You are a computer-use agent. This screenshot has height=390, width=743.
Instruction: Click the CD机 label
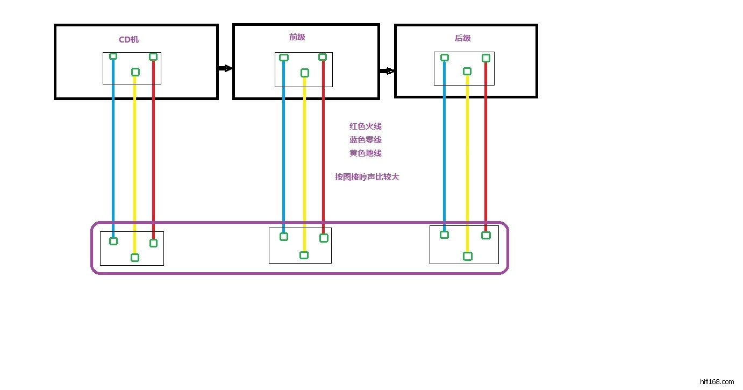[128, 40]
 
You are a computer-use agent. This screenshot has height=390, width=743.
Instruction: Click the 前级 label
[297, 37]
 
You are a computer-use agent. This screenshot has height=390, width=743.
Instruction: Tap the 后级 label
[462, 38]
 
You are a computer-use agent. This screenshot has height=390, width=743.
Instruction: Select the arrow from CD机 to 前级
[225, 68]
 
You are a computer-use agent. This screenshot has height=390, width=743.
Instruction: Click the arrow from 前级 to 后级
[387, 71]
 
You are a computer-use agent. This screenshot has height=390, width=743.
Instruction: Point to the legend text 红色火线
[366, 126]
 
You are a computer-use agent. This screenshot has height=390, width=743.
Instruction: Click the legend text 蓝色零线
[366, 140]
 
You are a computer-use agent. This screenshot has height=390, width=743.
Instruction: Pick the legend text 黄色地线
[366, 153]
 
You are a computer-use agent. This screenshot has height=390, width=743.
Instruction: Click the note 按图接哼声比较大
[367, 176]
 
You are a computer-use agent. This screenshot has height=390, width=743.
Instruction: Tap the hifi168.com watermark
[718, 381]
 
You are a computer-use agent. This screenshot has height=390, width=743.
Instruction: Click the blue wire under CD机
[113, 151]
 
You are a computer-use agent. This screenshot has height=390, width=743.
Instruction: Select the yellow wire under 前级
[304, 161]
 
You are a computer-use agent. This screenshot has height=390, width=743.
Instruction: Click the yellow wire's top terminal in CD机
[135, 72]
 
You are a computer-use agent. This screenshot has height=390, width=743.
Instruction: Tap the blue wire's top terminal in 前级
[284, 58]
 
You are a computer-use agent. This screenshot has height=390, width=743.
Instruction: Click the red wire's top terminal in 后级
[486, 58]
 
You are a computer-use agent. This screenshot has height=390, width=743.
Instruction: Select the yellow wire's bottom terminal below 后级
[468, 256]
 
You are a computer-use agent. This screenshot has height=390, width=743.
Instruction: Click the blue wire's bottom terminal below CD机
[113, 241]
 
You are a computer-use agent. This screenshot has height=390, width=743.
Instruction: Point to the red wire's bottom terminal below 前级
[324, 238]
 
